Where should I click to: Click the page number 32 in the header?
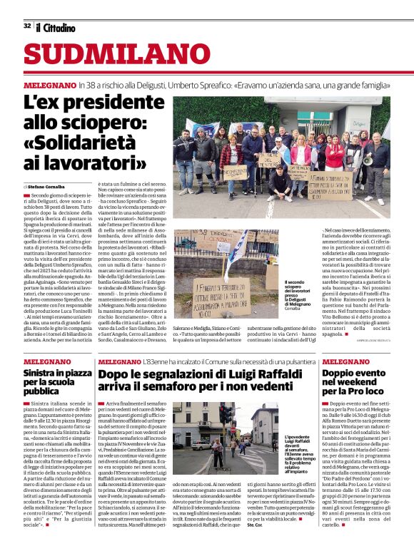[x=27, y=26]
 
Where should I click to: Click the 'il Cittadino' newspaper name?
[x=56, y=26]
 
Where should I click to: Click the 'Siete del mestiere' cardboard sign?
[x=269, y=160]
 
